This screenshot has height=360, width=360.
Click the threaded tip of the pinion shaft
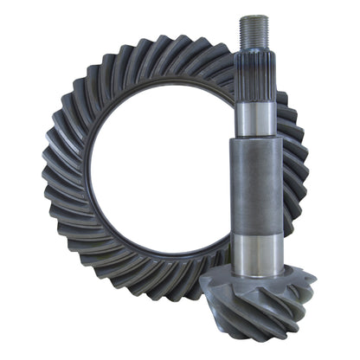pyautogui.click(x=254, y=32)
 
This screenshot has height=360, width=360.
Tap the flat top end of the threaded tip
pyautogui.click(x=254, y=16)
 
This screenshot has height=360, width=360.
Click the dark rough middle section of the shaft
pyautogui.click(x=255, y=186)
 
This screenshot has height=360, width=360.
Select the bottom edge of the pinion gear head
pyautogui.click(x=260, y=339)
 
